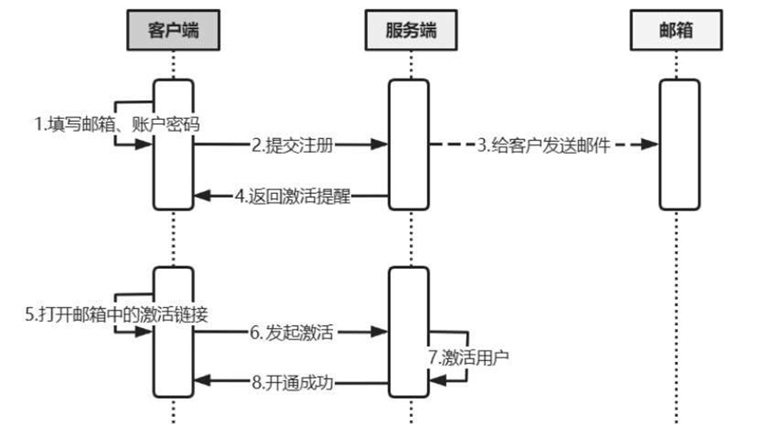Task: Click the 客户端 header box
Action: pos(173,31)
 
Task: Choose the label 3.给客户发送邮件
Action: pos(543,145)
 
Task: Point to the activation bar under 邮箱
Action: pos(679,144)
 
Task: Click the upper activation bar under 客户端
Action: pos(173,144)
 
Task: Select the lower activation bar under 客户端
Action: pos(173,332)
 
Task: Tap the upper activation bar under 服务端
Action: pos(408,144)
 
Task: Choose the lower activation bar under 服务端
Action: pos(408,332)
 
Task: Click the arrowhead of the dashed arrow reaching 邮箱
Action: pos(650,144)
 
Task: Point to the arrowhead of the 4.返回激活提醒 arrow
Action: pos(202,196)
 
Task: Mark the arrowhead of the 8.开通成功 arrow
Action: pos(202,382)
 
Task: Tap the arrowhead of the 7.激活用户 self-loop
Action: pos(437,381)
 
